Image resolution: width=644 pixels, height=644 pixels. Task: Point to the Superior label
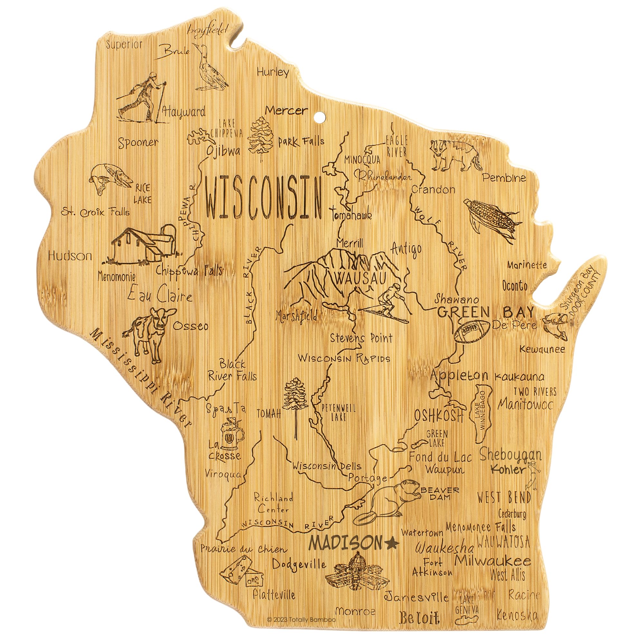click(124, 45)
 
